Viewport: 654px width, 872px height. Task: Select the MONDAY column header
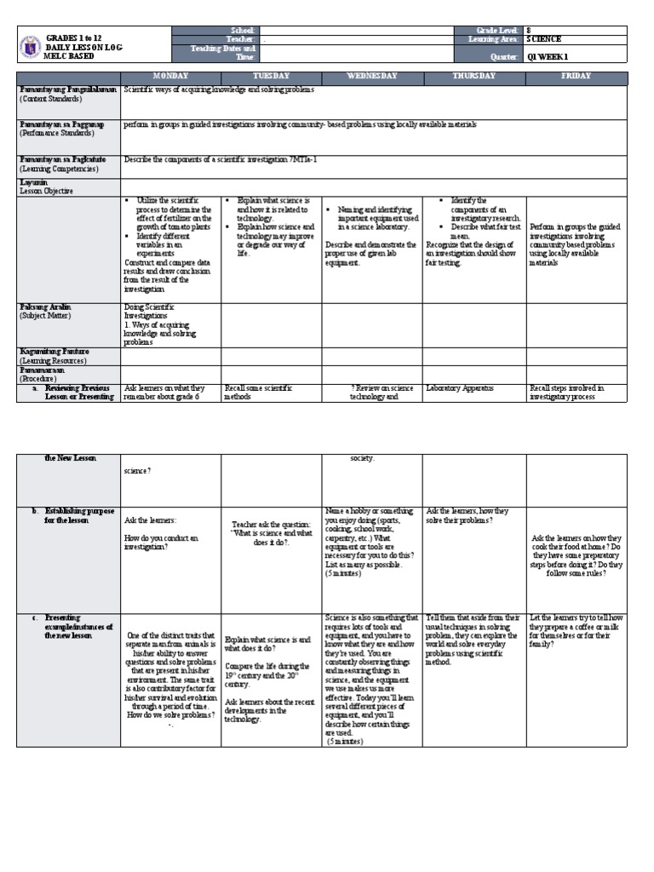[170, 77]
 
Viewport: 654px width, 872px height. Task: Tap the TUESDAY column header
[271, 77]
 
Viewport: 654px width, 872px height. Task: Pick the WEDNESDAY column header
[371, 77]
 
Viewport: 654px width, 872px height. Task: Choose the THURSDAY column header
[473, 77]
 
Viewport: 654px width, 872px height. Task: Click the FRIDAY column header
[576, 77]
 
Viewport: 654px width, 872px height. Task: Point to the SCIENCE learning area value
[544, 39]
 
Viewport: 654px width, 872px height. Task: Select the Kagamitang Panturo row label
[54, 351]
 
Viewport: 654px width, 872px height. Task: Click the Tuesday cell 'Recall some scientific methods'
[257, 393]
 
